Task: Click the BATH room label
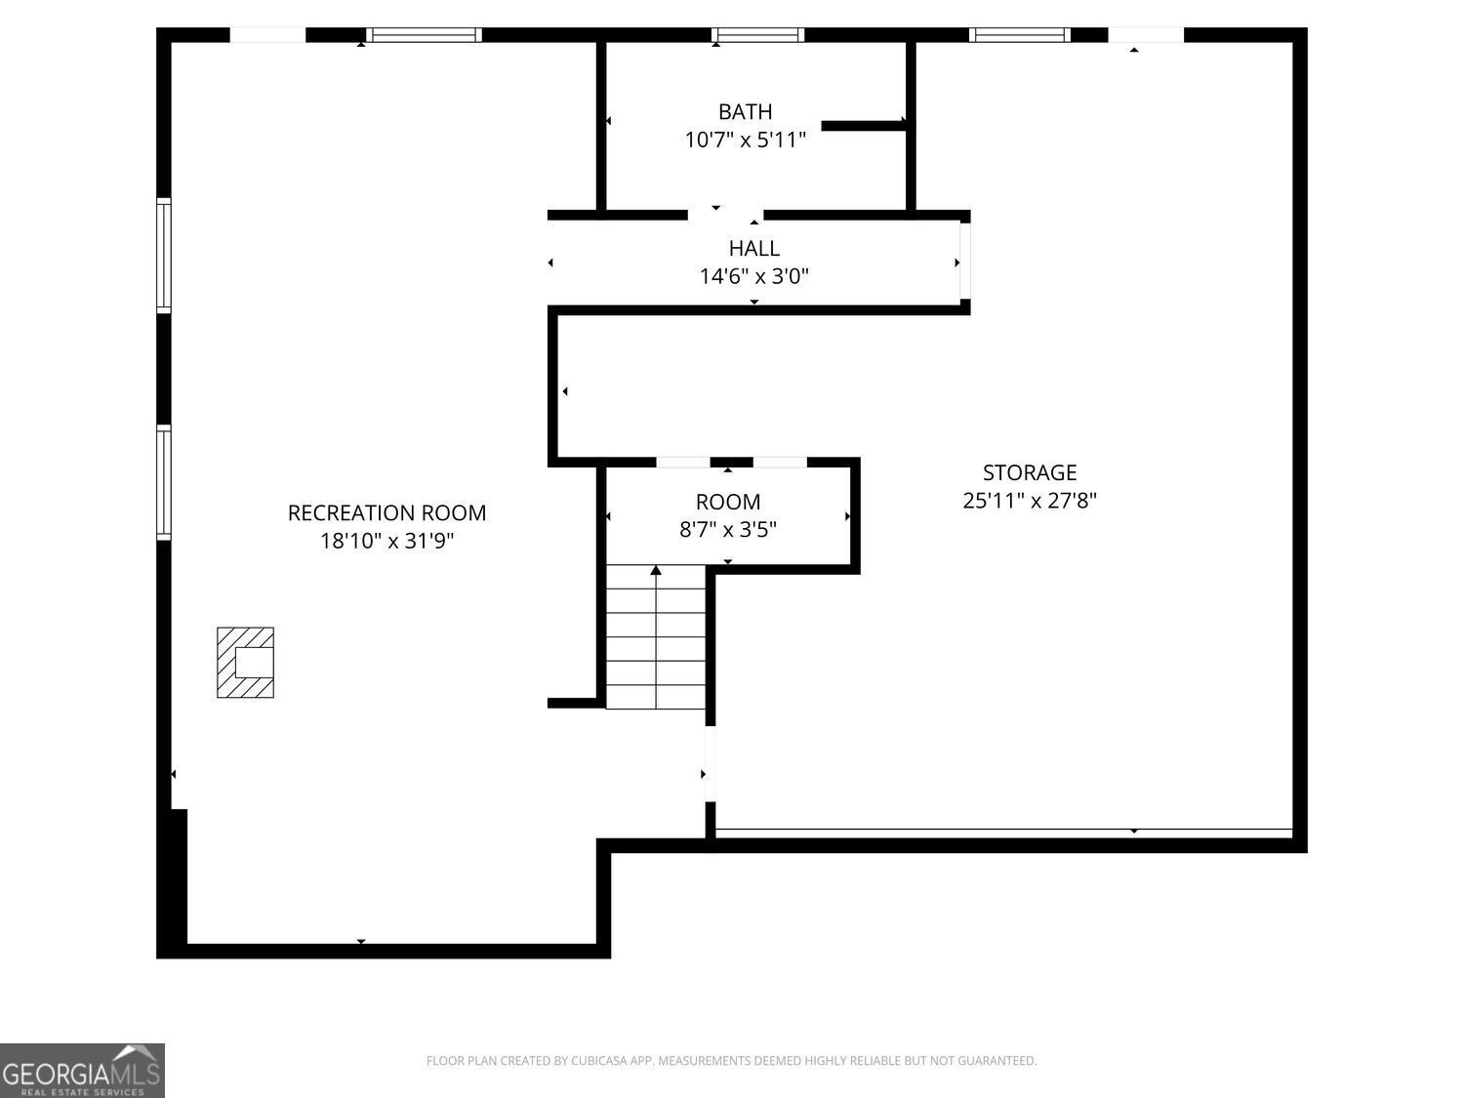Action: [745, 111]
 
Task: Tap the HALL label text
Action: [753, 248]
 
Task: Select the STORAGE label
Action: [1029, 472]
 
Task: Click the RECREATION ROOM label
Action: [386, 512]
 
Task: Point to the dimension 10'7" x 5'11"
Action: [745, 140]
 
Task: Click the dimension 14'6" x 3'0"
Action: [753, 276]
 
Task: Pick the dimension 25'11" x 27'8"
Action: [1029, 501]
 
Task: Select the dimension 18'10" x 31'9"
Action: [386, 541]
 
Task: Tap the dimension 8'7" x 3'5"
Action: [728, 529]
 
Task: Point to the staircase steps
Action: [656, 636]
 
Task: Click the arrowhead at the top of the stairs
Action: [656, 570]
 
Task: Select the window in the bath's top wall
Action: [757, 35]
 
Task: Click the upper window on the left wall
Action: [163, 256]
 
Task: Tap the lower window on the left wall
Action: [163, 482]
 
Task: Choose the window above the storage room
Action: [1019, 35]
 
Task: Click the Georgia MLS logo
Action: [82, 1071]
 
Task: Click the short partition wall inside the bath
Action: [864, 125]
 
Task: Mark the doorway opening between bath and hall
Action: [726, 215]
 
